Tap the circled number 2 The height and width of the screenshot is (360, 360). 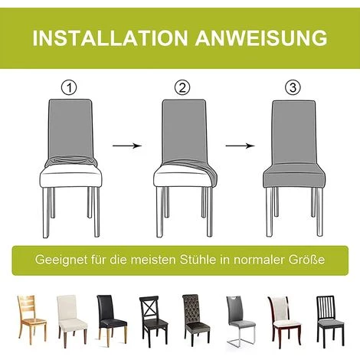[x=182, y=87]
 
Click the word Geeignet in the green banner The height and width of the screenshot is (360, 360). [x=61, y=260]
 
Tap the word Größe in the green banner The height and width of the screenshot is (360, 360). [x=306, y=260]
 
